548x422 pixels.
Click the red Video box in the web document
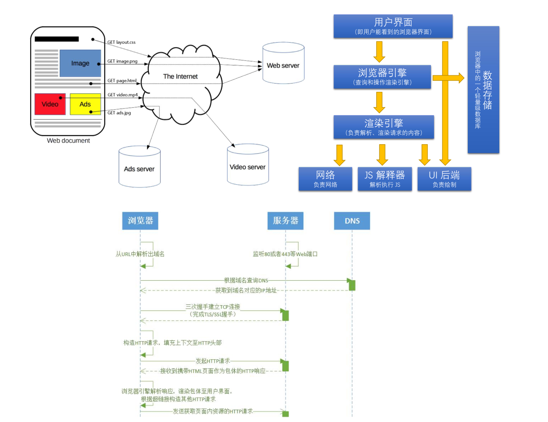coord(50,104)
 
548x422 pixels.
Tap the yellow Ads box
coord(85,104)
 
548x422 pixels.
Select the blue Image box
coord(80,63)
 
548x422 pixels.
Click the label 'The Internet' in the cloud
coord(180,77)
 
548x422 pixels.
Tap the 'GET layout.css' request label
coord(121,42)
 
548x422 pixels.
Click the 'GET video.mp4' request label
coord(122,95)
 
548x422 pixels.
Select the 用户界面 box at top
coord(393,26)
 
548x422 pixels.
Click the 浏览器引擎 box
coord(382,77)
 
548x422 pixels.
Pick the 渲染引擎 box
coord(383,127)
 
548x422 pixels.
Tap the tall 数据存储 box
coord(483,90)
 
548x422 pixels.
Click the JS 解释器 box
coord(385,179)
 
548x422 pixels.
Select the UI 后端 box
coord(444,179)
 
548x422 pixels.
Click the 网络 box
coord(325,179)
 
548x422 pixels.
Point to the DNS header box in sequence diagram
coord(352,221)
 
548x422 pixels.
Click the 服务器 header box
coord(285,221)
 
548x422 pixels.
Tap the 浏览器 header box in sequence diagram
coord(140,221)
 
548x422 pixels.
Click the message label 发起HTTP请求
coord(212,361)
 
